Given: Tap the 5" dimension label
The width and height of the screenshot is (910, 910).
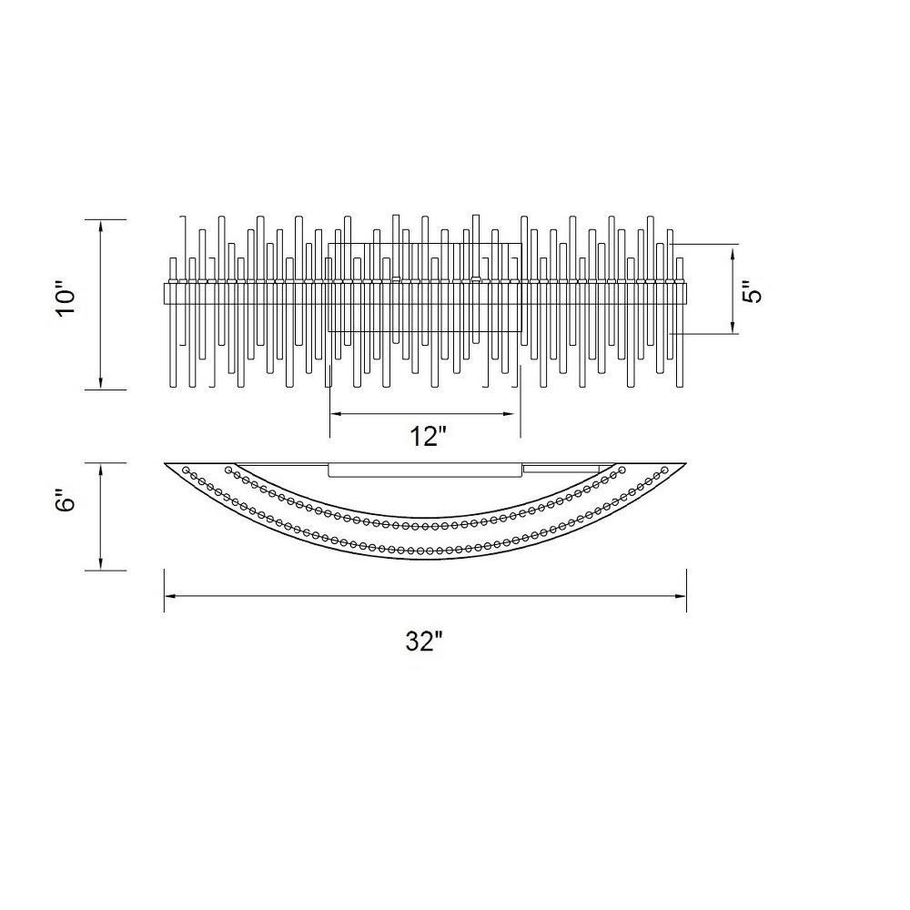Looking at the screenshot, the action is coord(753,291).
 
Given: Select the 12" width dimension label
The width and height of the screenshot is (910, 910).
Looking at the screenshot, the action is coord(429,437).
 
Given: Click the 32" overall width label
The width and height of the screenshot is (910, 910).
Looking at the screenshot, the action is coord(424,642).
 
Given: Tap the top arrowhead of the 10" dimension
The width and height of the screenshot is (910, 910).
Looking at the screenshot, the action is coord(101,227).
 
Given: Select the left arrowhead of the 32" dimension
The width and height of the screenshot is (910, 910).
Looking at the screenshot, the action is coord(171,596).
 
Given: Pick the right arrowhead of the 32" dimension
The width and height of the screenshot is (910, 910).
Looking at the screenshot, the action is coord(680,596).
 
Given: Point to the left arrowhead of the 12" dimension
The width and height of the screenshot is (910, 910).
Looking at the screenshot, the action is coord(337,414).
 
